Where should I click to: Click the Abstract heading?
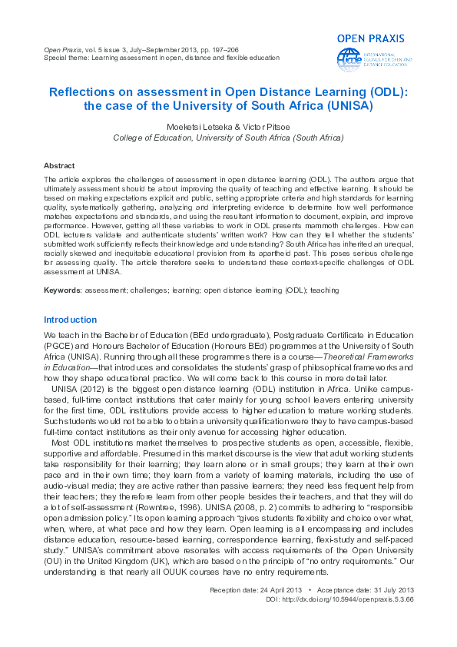pyautogui.click(x=59, y=165)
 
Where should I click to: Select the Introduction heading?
pyautogui.click(x=71, y=320)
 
